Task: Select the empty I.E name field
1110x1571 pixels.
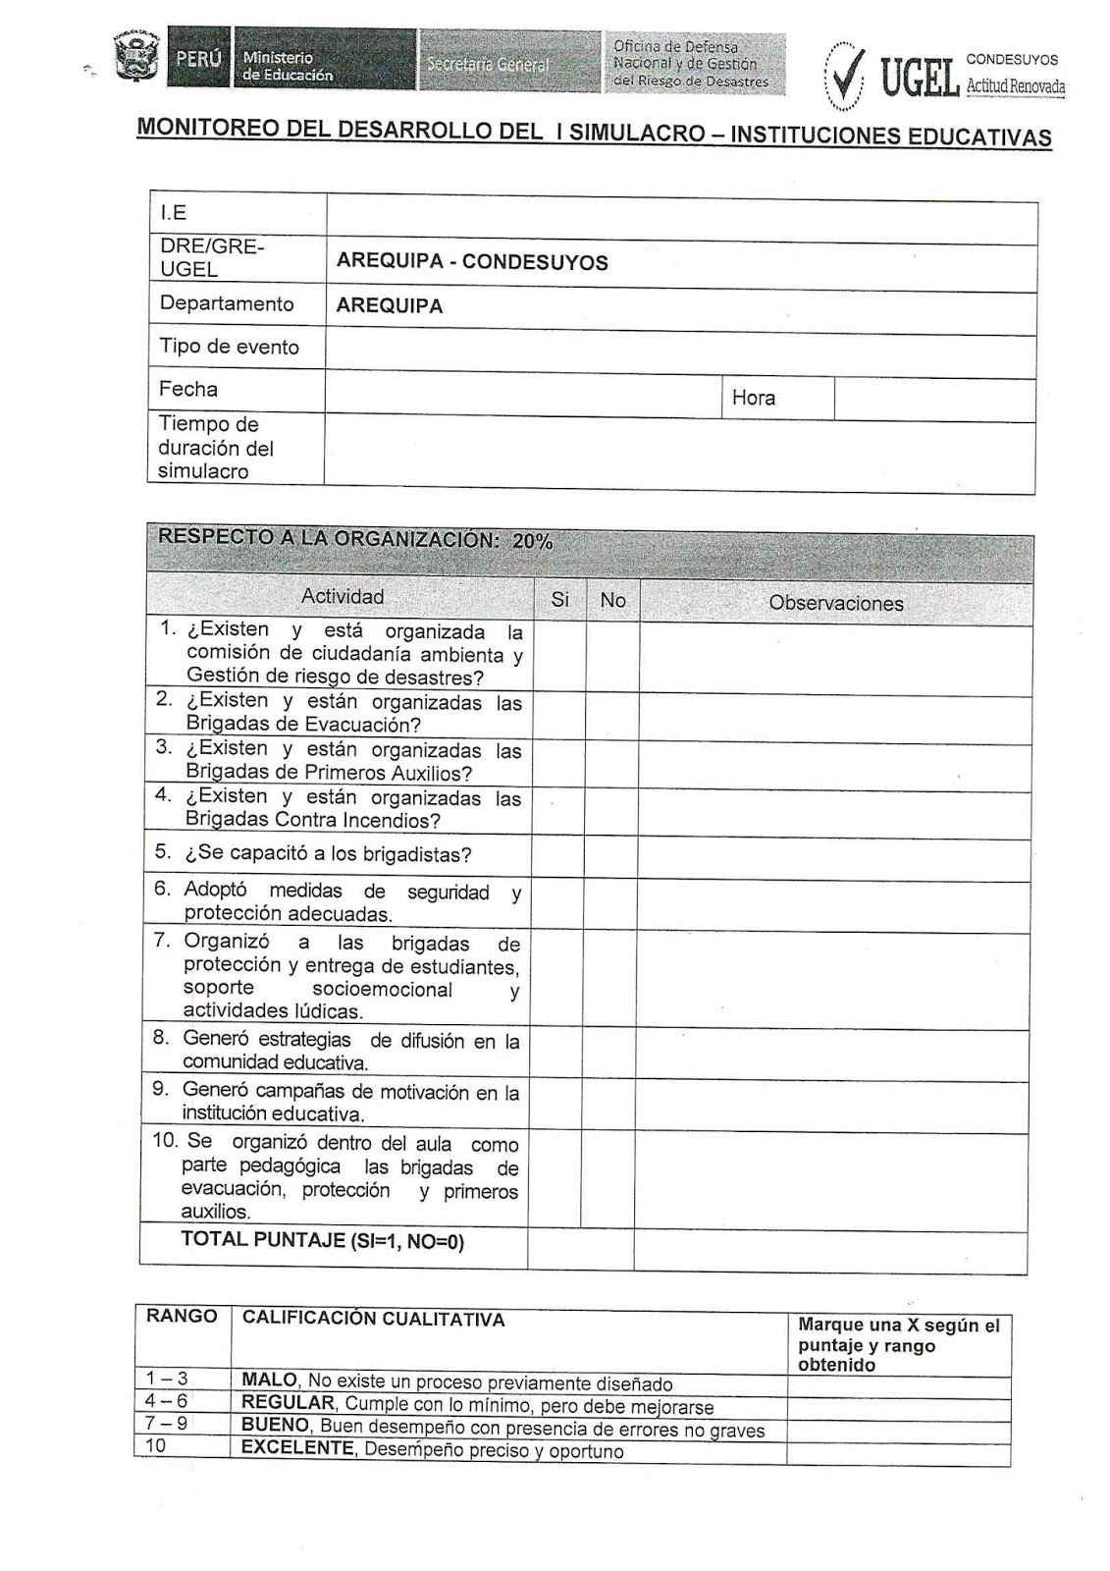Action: (x=681, y=214)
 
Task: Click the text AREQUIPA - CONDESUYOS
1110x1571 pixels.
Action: (x=472, y=262)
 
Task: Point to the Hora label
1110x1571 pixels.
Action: (x=753, y=398)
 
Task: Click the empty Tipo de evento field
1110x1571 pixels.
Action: (x=679, y=350)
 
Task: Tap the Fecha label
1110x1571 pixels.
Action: (x=188, y=389)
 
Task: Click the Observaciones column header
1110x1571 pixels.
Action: (x=835, y=603)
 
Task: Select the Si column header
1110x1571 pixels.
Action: (x=560, y=599)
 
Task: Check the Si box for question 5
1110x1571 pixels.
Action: (x=559, y=855)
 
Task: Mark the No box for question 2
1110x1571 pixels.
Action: (x=612, y=715)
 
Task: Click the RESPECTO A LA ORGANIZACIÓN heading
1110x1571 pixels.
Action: (x=355, y=539)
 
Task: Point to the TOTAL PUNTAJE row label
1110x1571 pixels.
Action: (x=322, y=1240)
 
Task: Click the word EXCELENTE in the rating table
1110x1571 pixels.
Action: (x=297, y=1448)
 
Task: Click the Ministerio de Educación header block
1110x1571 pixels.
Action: (x=324, y=61)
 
